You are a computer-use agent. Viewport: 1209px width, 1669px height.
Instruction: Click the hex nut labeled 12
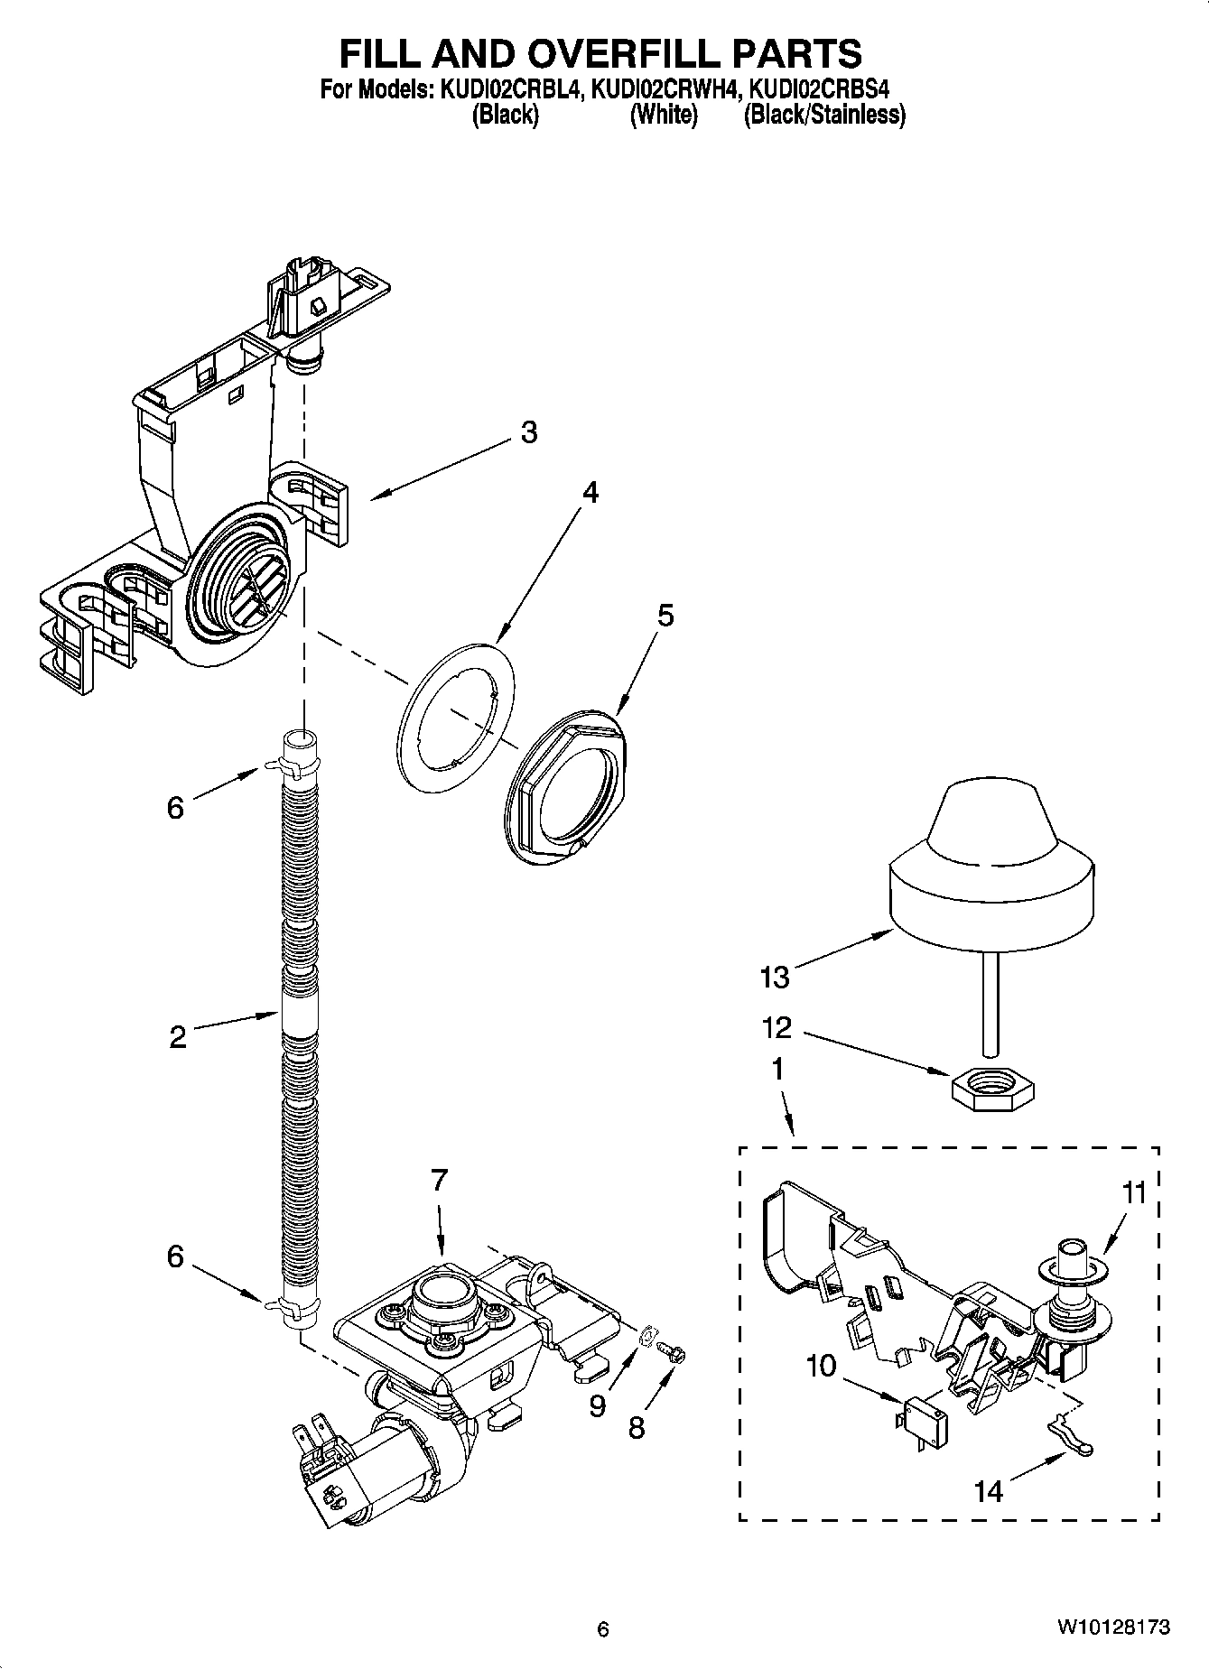point(993,1080)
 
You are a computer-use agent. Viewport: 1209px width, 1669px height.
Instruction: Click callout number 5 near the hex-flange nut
point(665,616)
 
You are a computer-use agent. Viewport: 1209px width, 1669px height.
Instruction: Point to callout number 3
point(529,432)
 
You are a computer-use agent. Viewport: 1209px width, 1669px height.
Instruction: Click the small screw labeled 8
point(671,1352)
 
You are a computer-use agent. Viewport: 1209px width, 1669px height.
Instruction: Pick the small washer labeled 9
point(646,1337)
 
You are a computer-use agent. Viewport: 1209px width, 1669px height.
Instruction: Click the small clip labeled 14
point(1071,1449)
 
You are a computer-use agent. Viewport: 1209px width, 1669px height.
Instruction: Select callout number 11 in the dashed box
point(1133,1193)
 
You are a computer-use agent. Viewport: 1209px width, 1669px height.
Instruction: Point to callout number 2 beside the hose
point(178,1037)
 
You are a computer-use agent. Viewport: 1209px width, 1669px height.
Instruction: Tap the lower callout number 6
point(175,1256)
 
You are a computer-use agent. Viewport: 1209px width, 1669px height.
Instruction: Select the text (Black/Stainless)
point(823,115)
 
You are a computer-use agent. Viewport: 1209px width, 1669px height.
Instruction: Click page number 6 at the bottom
point(603,1629)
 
